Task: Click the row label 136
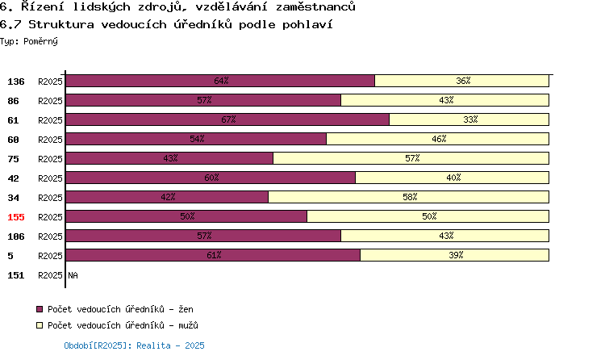(x=16, y=82)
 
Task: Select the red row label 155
(x=16, y=217)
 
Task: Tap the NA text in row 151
(x=73, y=275)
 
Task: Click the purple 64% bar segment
(x=220, y=81)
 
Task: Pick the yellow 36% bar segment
(x=462, y=81)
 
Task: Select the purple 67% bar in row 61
(x=227, y=119)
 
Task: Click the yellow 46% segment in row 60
(x=437, y=139)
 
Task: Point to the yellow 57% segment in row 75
(x=411, y=158)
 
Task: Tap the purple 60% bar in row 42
(x=211, y=178)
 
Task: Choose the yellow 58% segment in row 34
(x=409, y=197)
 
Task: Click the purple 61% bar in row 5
(x=213, y=255)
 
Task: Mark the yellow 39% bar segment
(x=454, y=255)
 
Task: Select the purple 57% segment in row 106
(x=203, y=236)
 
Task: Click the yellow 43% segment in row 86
(x=444, y=100)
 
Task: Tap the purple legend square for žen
(x=40, y=309)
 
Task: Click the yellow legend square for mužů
(x=40, y=325)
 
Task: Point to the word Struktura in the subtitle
(x=61, y=24)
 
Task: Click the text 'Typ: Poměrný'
(x=29, y=41)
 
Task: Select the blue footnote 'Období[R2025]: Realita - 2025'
(x=134, y=345)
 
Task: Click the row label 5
(x=10, y=256)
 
